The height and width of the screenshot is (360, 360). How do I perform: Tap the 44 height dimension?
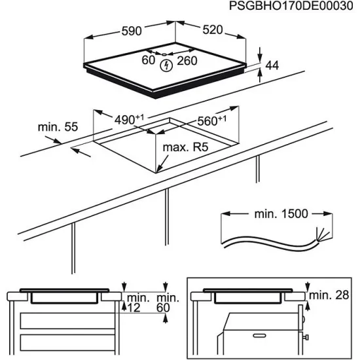[272, 65]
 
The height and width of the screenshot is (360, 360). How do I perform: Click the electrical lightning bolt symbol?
[166, 64]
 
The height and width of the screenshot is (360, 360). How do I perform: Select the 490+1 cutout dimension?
[129, 120]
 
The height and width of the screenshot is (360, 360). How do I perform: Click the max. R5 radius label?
[185, 149]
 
